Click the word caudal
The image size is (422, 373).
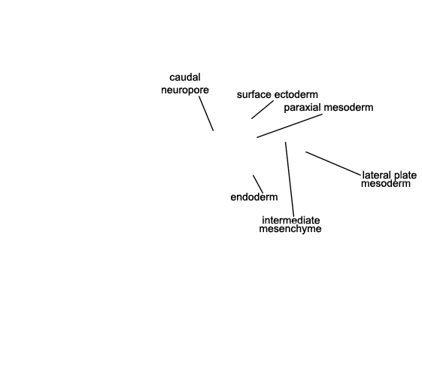tap(185, 78)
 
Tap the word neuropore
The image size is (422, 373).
tap(185, 90)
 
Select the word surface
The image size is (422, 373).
tap(254, 95)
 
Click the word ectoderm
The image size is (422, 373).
tap(296, 95)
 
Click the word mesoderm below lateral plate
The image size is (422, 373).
tap(386, 184)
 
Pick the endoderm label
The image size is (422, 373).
tap(254, 197)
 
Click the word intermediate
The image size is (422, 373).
tap(291, 221)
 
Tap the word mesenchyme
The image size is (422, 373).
tap(290, 229)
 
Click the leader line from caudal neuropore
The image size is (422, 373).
tap(206, 114)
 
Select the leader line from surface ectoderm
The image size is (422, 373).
tap(263, 110)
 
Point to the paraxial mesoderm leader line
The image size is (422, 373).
tap(290, 126)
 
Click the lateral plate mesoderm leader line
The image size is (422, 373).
tap(333, 164)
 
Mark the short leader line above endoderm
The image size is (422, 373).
tap(258, 184)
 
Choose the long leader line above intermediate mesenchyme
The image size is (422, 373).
tap(290, 179)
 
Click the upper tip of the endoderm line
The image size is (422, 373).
tap(253, 175)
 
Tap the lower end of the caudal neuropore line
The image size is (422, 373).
tap(214, 130)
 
